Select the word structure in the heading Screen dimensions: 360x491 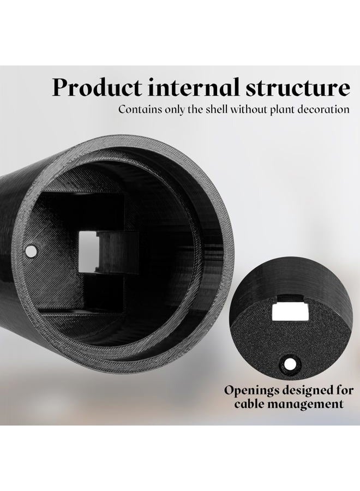298,88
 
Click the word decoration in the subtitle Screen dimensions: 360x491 323,110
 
